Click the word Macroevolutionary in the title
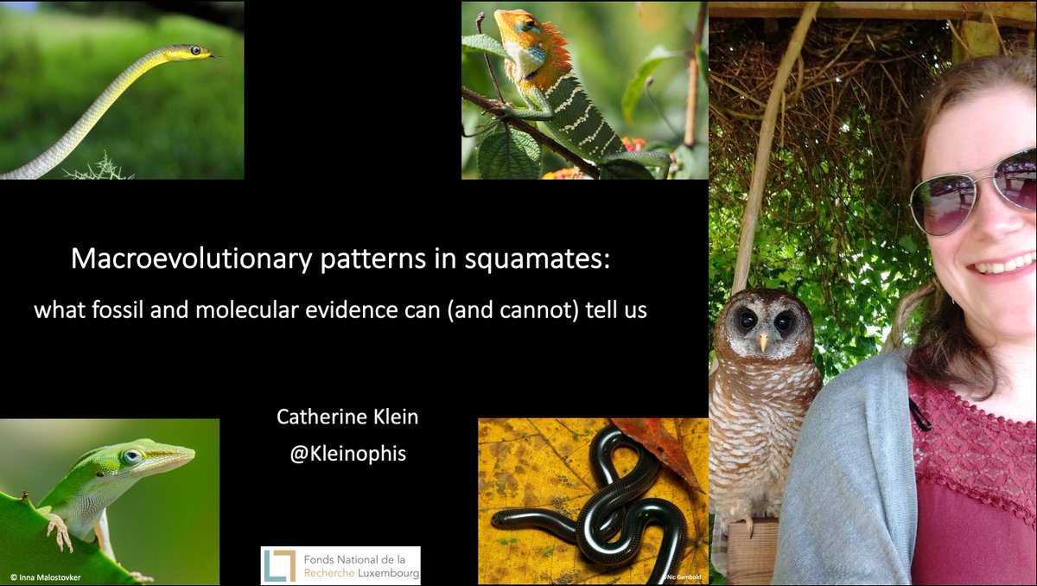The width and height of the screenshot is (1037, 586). click(x=154, y=259)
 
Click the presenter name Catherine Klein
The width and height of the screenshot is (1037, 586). click(x=347, y=417)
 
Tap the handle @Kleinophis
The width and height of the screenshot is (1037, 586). click(x=347, y=452)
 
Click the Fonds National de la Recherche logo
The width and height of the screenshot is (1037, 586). click(x=340, y=565)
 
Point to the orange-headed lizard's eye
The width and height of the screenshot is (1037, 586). click(x=526, y=24)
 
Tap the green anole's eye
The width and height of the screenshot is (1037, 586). click(x=132, y=456)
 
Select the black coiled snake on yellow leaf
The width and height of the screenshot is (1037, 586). click(x=605, y=510)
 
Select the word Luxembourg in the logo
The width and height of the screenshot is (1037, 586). click(x=383, y=573)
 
